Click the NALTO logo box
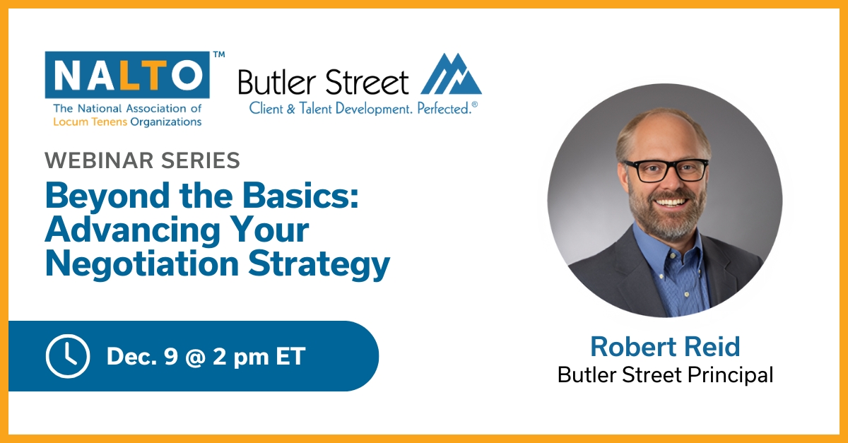(127, 74)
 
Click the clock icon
(68, 356)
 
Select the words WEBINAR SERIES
(142, 161)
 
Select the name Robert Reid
(665, 346)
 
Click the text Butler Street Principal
(665, 374)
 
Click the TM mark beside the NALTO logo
(219, 54)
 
